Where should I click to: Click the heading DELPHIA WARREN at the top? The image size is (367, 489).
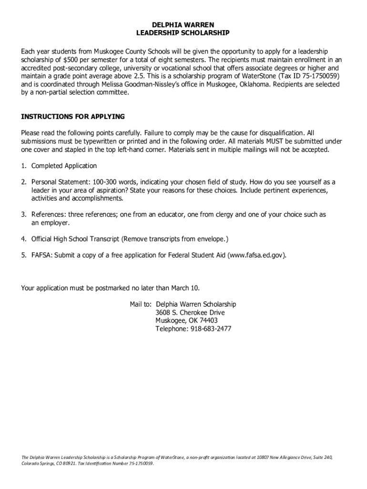(x=183, y=24)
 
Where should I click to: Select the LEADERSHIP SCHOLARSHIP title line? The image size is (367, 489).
(x=183, y=33)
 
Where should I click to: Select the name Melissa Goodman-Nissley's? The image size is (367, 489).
(x=143, y=85)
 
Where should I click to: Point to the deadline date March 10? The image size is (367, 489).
(x=184, y=288)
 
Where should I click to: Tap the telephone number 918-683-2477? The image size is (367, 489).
(x=210, y=329)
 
